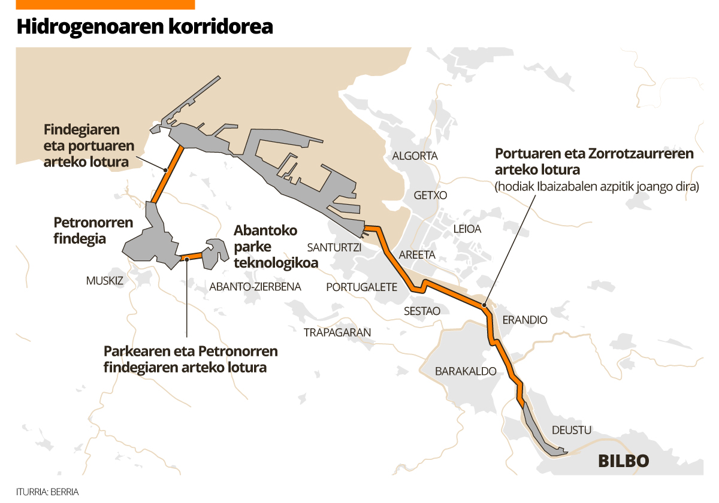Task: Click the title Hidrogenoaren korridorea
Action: click(x=144, y=27)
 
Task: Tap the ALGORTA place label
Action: click(x=415, y=156)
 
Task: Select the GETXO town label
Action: click(x=430, y=195)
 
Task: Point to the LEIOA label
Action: click(x=467, y=229)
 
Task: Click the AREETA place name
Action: click(x=417, y=255)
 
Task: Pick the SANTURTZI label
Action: click(x=334, y=247)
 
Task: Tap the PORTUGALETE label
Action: click(x=361, y=287)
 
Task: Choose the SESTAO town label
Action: click(x=422, y=311)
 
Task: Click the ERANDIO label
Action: click(x=525, y=320)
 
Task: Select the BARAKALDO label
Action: click(x=466, y=371)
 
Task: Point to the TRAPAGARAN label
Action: click(x=337, y=332)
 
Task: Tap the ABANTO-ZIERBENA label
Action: click(x=255, y=287)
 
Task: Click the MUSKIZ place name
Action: click(x=105, y=280)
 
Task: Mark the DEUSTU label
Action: click(x=572, y=430)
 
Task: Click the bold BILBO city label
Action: click(x=624, y=462)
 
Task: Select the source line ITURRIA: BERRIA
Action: click(x=47, y=492)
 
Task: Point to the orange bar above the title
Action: click(x=105, y=4)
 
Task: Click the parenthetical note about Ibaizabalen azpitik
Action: click(x=597, y=187)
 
